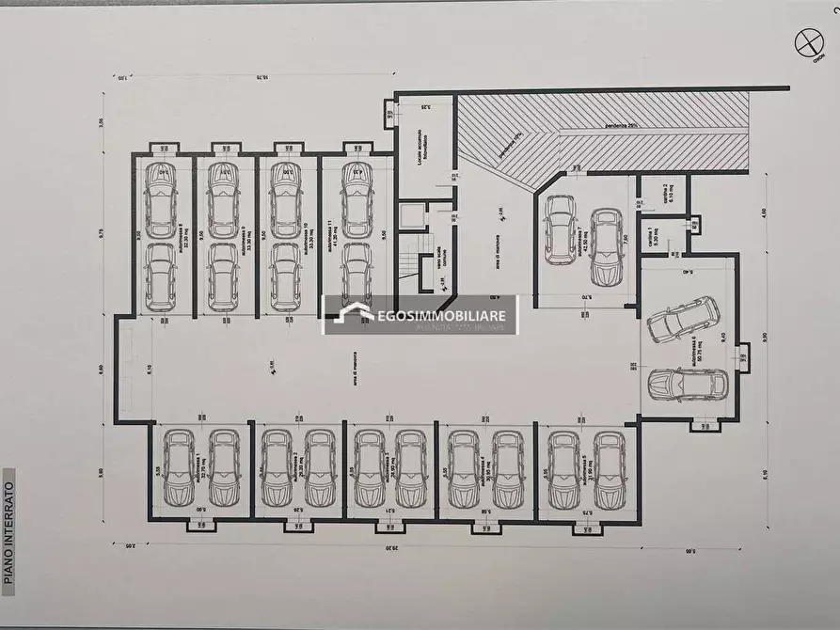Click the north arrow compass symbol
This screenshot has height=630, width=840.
806,42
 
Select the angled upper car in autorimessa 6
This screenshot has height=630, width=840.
684,320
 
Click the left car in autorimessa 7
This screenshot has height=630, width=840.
560,229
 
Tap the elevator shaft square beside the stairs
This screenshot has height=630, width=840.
412,216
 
